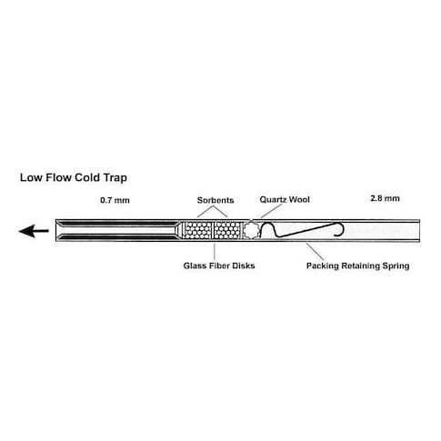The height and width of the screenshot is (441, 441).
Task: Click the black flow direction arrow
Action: [34, 231]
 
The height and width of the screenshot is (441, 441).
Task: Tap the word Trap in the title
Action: [115, 178]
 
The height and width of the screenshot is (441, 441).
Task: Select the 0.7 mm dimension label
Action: [115, 200]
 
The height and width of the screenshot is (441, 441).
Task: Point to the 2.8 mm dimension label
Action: [385, 198]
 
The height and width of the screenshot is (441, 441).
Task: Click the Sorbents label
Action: [215, 200]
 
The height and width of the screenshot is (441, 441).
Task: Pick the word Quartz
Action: [273, 199]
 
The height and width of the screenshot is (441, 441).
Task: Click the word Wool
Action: [299, 199]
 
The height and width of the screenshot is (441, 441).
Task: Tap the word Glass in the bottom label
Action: [194, 266]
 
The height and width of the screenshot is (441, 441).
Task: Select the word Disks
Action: [244, 266]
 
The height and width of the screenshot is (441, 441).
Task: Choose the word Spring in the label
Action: [396, 266]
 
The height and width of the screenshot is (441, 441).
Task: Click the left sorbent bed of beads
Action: [198, 230]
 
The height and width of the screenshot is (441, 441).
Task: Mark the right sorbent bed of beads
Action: [227, 230]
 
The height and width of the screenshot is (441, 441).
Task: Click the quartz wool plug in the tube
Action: [251, 230]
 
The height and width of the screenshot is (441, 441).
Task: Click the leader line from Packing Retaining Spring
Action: [315, 251]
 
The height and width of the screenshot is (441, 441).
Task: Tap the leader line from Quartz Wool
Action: [271, 211]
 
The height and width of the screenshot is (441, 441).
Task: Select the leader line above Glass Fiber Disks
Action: [215, 251]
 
